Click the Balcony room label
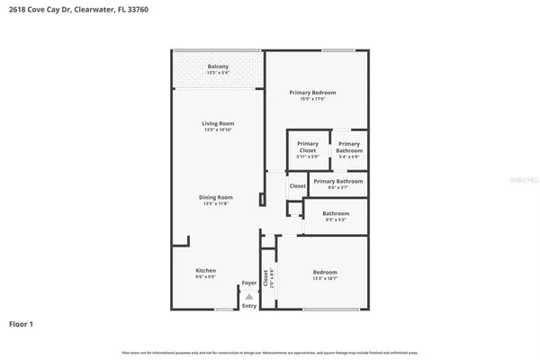[x=217, y=67]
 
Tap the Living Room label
[x=217, y=124]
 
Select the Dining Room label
[x=217, y=197]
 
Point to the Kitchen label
[x=206, y=270]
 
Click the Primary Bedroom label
[x=312, y=93]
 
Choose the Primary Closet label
[x=308, y=147]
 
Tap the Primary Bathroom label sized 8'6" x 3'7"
[x=338, y=181]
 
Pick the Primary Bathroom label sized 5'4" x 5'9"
[x=348, y=147]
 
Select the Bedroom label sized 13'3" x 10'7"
[x=325, y=272]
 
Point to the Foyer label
[x=249, y=283]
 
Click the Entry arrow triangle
[x=249, y=295]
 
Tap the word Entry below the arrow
[x=249, y=306]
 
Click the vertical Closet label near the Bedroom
[x=265, y=276]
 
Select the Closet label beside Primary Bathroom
[x=296, y=186]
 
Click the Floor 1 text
[x=22, y=322]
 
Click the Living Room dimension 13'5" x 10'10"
[x=217, y=130]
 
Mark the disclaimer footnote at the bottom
[x=270, y=351]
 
